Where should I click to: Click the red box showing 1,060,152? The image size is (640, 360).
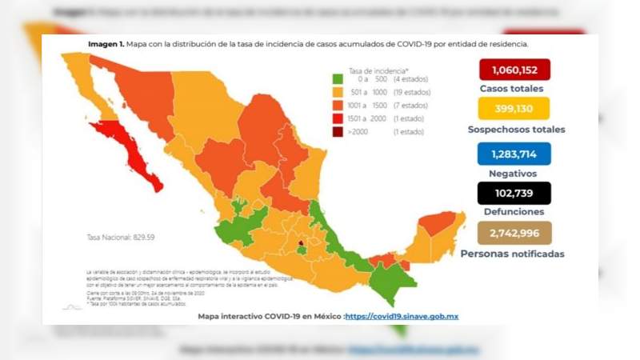(x=514, y=70)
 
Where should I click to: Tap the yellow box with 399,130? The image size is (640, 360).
(x=514, y=109)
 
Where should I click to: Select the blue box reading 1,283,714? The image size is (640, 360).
(x=514, y=152)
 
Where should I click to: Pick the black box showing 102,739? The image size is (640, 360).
(x=514, y=193)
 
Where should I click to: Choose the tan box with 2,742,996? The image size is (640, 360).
(x=514, y=233)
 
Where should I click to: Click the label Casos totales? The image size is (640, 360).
(x=511, y=89)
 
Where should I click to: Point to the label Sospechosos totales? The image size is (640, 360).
(x=516, y=129)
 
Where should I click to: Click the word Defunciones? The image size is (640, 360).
(x=514, y=212)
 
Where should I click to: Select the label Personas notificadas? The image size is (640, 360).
(x=512, y=254)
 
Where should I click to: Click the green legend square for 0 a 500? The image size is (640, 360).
(x=338, y=79)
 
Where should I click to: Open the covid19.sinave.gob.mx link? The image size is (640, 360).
(x=402, y=316)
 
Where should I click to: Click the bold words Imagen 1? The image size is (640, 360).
(x=106, y=44)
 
